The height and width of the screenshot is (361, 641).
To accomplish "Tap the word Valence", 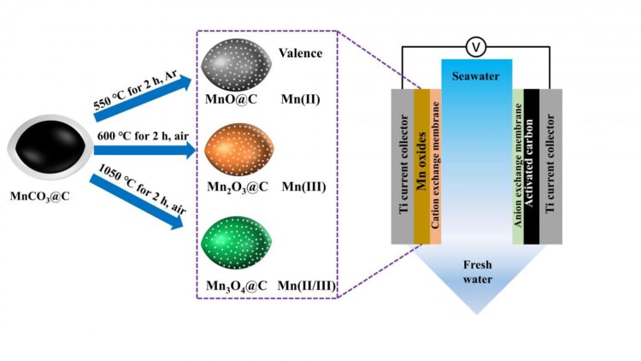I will click(300, 53).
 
